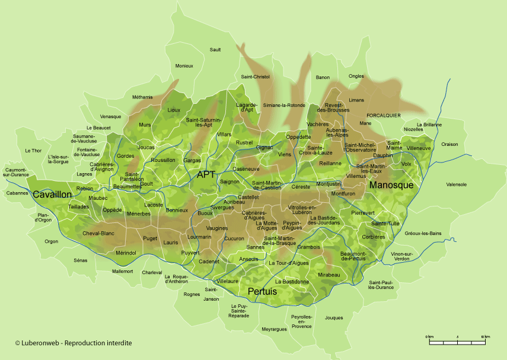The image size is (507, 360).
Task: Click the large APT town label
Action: (x=206, y=174)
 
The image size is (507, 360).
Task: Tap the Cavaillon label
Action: (x=52, y=195)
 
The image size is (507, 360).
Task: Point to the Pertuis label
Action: (x=262, y=291)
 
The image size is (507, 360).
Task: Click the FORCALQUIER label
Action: (x=384, y=115)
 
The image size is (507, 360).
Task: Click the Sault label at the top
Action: (x=215, y=50)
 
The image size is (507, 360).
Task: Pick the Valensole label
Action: (x=456, y=184)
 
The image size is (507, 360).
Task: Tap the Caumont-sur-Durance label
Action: (x=16, y=172)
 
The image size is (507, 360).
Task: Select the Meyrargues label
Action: (x=274, y=329)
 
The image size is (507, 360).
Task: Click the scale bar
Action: (x=459, y=342)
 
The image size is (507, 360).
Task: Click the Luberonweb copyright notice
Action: (x=73, y=343)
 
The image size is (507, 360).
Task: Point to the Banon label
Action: (x=323, y=78)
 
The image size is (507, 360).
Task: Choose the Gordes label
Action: (x=126, y=156)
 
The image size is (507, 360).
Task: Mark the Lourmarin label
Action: (x=199, y=237)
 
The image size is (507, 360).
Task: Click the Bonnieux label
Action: (x=177, y=210)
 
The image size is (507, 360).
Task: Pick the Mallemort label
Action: (x=123, y=271)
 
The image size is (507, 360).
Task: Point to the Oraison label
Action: (x=449, y=144)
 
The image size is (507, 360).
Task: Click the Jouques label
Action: (x=334, y=317)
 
